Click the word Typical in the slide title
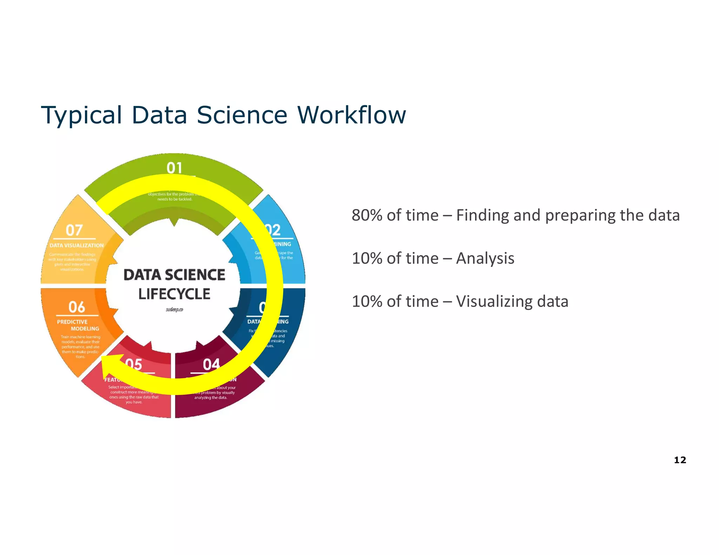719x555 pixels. [81, 115]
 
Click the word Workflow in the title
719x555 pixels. [351, 115]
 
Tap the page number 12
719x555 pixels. [680, 460]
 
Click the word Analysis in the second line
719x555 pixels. [485, 259]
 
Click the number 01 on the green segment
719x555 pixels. [174, 168]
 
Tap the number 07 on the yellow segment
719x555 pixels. [74, 230]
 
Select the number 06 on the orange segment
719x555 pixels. [77, 307]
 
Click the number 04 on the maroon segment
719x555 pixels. [211, 365]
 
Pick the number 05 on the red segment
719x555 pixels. [134, 365]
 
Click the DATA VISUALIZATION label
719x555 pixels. [77, 246]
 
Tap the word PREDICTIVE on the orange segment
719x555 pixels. [72, 322]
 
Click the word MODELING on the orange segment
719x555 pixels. [85, 329]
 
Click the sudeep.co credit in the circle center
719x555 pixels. [174, 310]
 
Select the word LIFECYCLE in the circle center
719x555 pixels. [174, 294]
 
